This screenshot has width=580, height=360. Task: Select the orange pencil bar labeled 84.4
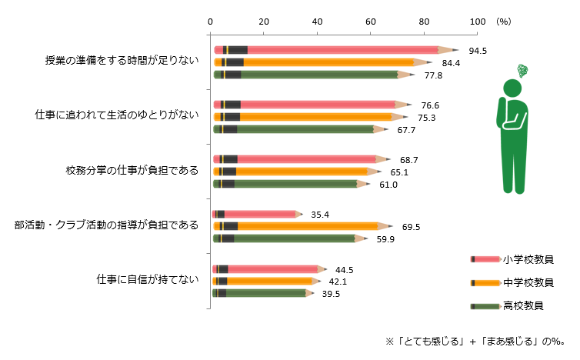click(323, 62)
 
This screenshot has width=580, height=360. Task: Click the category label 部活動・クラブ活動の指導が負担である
click(106, 225)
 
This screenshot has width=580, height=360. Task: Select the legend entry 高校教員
click(523, 306)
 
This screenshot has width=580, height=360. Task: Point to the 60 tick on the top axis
click(371, 22)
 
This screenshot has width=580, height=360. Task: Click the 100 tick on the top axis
click(477, 22)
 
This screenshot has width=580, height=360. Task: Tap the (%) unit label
click(504, 22)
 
